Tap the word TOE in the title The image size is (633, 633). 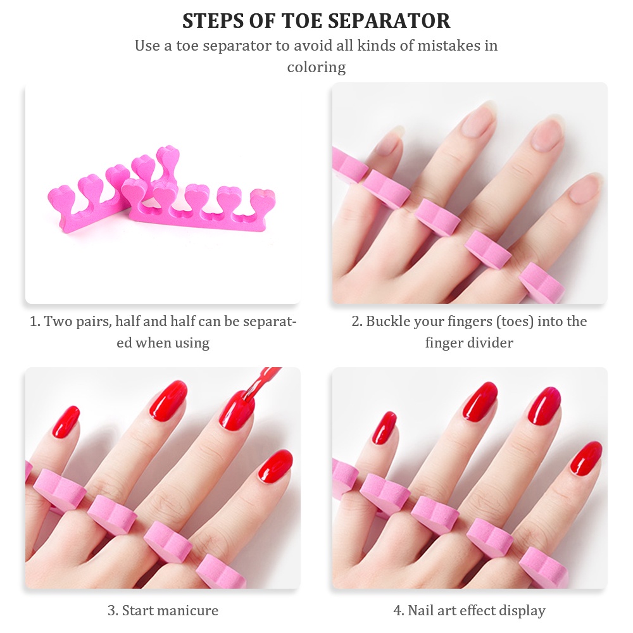[x=306, y=21]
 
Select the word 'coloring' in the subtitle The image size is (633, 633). [x=316, y=68]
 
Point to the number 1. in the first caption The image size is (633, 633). [x=35, y=322]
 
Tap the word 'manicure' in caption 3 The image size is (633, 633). [x=190, y=610]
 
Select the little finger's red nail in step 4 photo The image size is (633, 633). [x=384, y=428]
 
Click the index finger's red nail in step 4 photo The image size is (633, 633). [x=586, y=458]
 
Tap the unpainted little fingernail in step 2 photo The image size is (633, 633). [x=390, y=141]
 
